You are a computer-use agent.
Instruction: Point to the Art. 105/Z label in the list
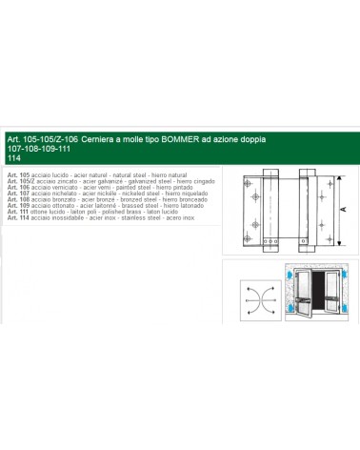click(x=20, y=183)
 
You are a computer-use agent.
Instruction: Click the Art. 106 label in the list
click(x=17, y=189)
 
